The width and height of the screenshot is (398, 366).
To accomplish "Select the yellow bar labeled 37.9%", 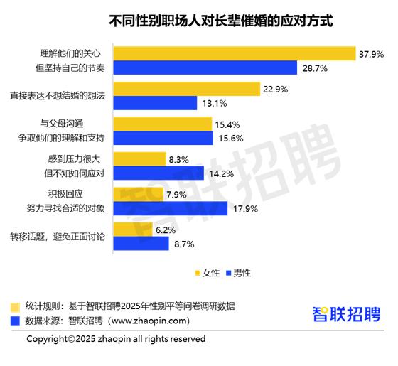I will click(235, 53).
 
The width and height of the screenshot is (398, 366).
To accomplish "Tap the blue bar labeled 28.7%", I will click(205, 68).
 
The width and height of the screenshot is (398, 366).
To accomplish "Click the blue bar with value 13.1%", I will click(156, 103).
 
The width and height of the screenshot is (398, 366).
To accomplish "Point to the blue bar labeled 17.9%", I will click(171, 208).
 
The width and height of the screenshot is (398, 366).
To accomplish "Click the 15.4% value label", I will click(227, 124).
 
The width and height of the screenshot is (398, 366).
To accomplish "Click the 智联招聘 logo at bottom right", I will click(347, 313).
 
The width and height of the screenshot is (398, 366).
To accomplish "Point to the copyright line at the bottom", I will click(116, 339).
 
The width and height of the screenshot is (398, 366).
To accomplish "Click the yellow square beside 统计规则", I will click(14, 306).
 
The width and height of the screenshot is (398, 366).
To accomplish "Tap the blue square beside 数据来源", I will click(14, 321).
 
